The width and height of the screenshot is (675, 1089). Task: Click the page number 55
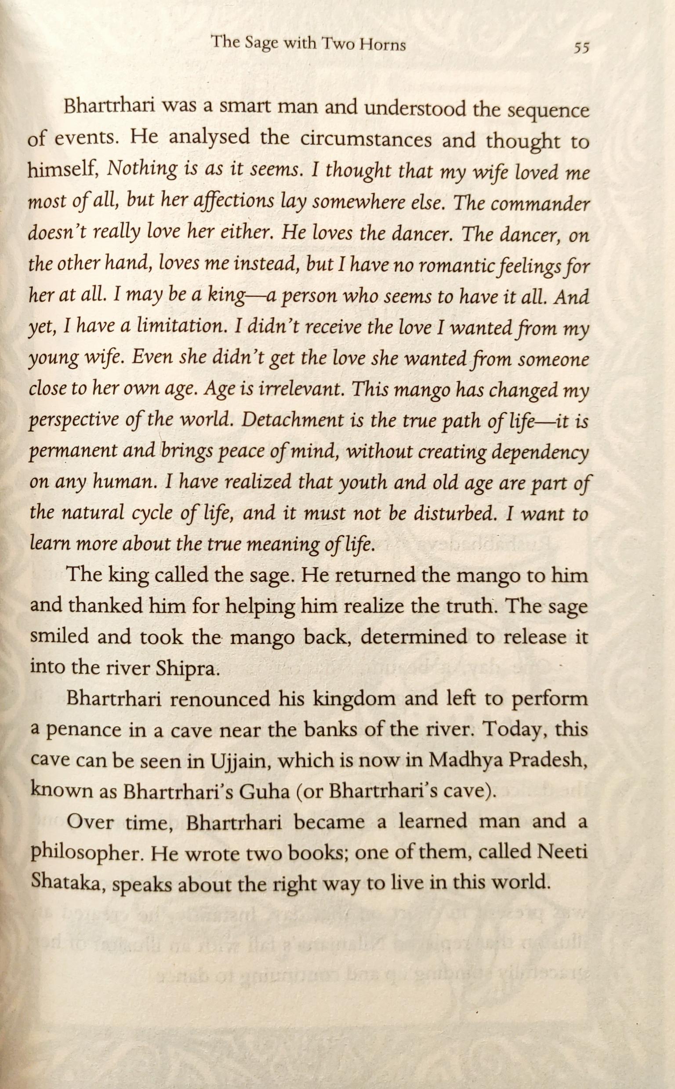(x=582, y=47)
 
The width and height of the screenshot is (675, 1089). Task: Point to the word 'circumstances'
(x=366, y=139)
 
